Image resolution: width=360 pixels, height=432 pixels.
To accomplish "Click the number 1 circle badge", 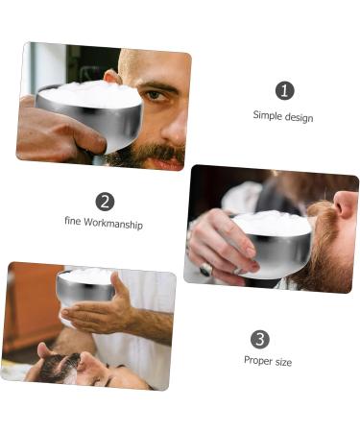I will [283, 90].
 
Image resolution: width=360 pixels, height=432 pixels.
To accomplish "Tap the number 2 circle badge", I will [105, 201].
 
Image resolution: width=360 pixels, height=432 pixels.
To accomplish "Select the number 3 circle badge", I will [260, 339].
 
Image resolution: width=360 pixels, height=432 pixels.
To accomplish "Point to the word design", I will [299, 117].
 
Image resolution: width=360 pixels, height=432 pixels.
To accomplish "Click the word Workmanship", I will [112, 224].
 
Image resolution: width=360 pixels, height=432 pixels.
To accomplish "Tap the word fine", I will [73, 224].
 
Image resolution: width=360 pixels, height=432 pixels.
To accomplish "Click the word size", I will [282, 362].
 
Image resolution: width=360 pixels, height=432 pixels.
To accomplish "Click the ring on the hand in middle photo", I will [204, 270].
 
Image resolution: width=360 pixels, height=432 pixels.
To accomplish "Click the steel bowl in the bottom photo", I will [87, 289].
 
